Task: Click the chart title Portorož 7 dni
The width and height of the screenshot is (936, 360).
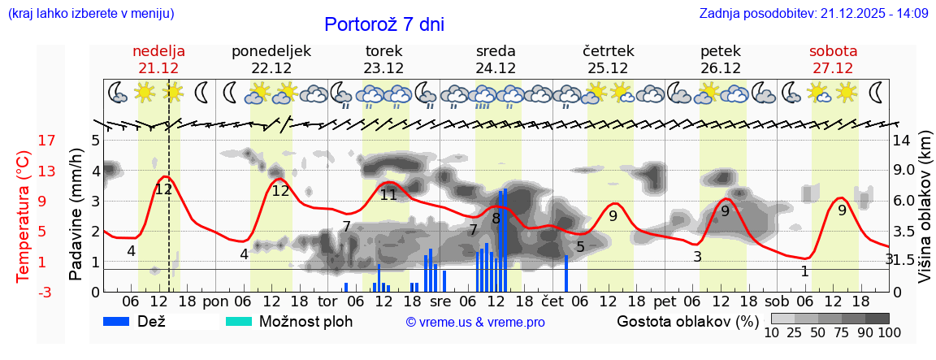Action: point(383,24)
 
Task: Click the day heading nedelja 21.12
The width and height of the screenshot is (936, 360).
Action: point(159,59)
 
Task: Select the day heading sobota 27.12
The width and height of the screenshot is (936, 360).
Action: point(834,59)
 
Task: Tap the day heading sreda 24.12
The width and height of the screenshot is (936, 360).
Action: point(496,59)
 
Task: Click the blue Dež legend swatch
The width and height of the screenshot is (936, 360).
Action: point(122,321)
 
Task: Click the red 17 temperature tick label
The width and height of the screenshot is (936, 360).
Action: point(24,141)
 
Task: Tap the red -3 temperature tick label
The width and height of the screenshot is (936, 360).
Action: point(24,292)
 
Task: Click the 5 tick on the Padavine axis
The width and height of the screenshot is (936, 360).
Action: point(94,141)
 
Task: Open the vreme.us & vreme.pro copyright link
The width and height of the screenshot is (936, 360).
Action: point(475,323)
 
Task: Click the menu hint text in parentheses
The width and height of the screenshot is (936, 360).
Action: point(90,14)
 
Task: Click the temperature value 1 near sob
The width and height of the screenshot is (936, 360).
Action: point(804,271)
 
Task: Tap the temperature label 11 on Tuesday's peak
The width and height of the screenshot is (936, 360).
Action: point(388,195)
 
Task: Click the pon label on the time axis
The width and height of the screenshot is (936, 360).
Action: point(215,301)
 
